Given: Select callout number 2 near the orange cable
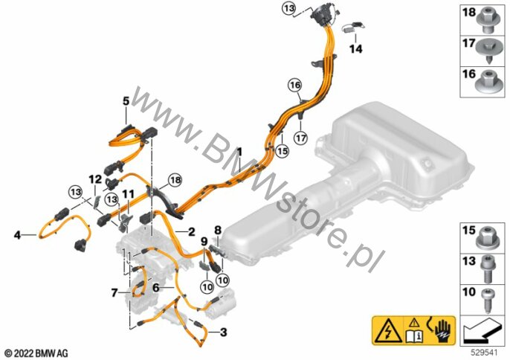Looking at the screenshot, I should (x=191, y=232).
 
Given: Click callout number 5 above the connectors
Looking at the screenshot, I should (x=126, y=100).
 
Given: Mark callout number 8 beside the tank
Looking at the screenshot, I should (x=218, y=231).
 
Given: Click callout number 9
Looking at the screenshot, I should (x=203, y=242).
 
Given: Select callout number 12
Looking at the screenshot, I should (x=94, y=179).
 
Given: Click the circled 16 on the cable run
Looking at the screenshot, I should (x=296, y=86).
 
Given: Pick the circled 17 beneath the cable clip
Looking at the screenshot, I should (x=300, y=138).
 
